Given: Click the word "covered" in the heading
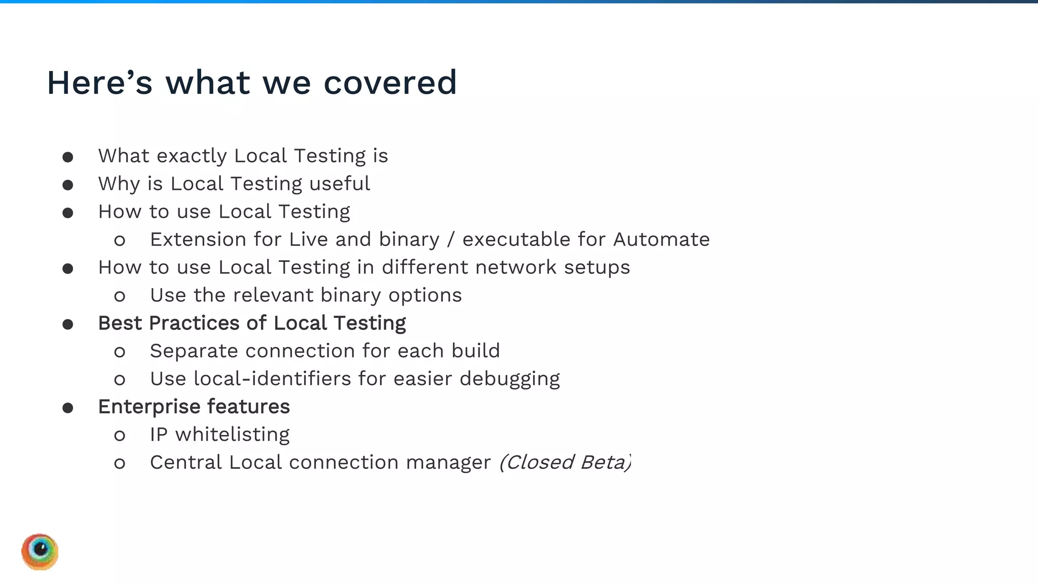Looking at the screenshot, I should [x=390, y=83].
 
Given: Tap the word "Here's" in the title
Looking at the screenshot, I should [x=99, y=83].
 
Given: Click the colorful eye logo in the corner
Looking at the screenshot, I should [x=40, y=552].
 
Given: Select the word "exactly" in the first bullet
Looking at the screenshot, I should [x=192, y=156].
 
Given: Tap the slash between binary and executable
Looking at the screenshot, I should [x=451, y=239].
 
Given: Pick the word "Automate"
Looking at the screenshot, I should [x=661, y=239].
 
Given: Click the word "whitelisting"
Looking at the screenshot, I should [x=232, y=434].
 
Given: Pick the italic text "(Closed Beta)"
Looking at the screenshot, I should [x=565, y=462].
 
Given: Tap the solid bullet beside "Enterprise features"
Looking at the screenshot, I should [x=68, y=408].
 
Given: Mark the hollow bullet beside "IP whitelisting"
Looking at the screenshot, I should [x=120, y=435].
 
